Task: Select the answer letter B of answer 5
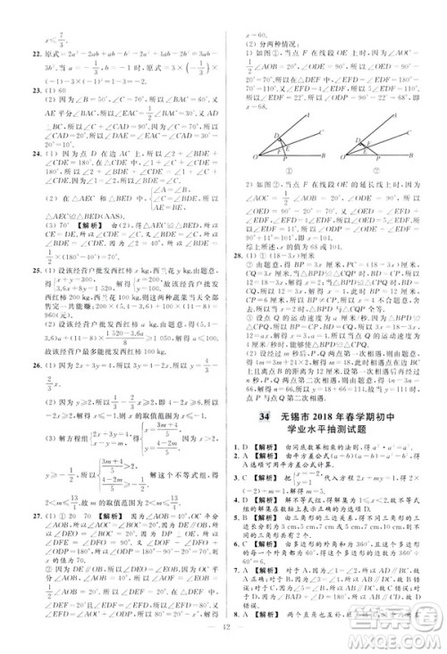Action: pyautogui.click(x=243, y=539)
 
